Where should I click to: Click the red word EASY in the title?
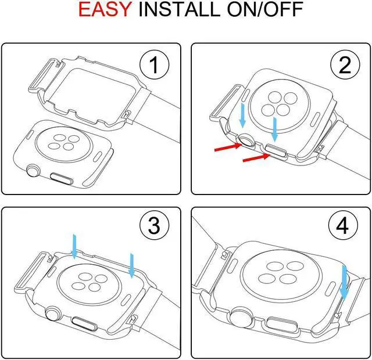(x=105, y=9)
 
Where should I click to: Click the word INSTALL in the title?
(x=180, y=9)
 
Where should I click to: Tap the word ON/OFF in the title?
(x=265, y=9)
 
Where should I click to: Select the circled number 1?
(x=154, y=64)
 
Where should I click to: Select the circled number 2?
(x=345, y=64)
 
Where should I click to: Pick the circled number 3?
(x=154, y=226)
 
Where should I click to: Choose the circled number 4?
(x=343, y=226)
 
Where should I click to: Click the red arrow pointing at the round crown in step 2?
(x=228, y=147)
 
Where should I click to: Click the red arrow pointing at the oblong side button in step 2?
(x=256, y=157)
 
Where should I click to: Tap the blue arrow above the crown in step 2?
(x=242, y=115)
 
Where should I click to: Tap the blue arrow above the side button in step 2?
(x=275, y=129)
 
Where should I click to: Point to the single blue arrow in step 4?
(x=344, y=283)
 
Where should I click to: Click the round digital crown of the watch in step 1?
(x=34, y=170)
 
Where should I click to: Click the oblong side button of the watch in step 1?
(x=62, y=178)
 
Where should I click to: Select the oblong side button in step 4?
(x=281, y=324)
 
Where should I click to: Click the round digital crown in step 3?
(x=53, y=314)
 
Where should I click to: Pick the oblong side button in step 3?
(x=85, y=323)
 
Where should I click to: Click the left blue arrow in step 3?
(x=74, y=246)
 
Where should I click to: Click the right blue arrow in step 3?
(x=132, y=265)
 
